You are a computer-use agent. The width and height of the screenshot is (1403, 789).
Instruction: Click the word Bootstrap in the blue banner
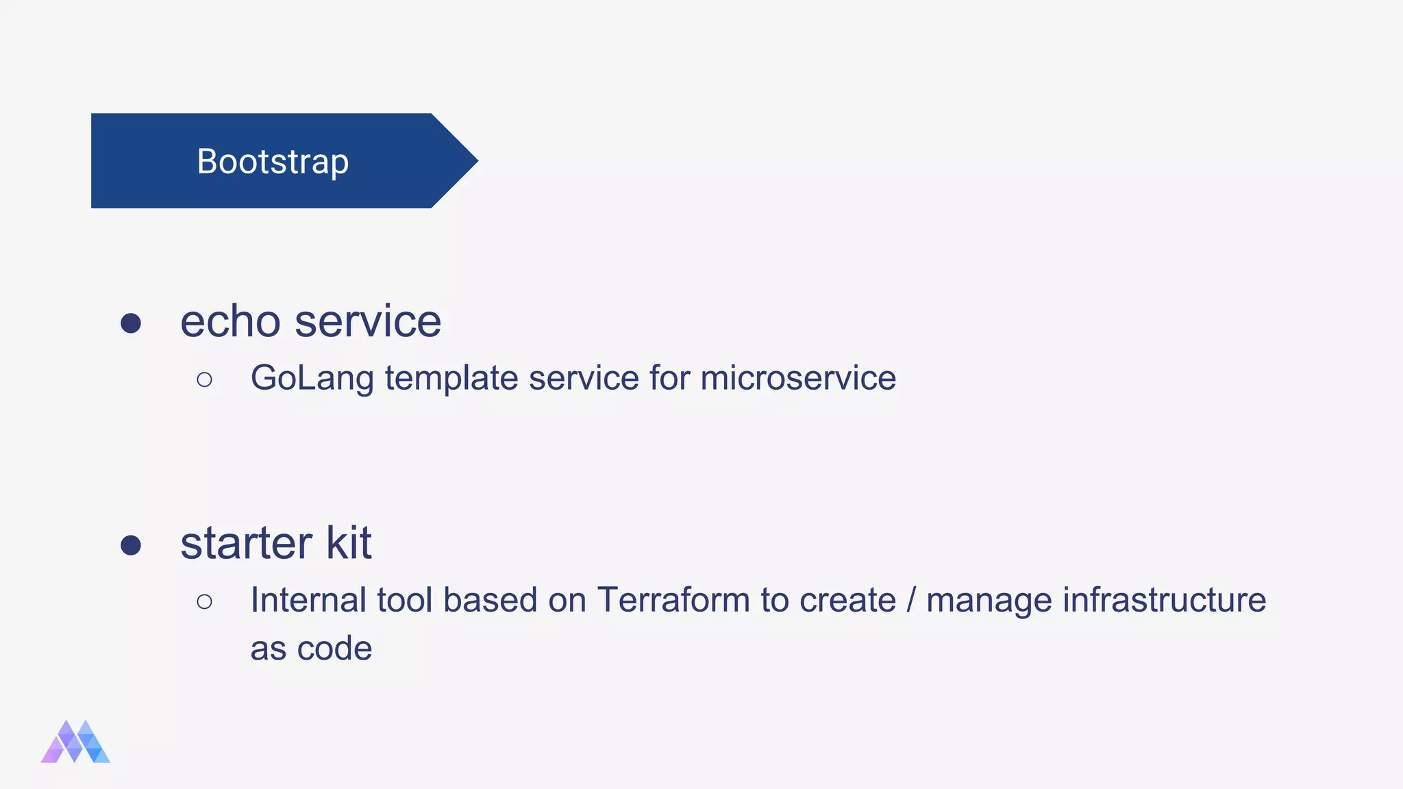(x=273, y=162)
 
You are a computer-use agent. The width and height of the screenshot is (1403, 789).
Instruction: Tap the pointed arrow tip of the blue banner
(x=473, y=162)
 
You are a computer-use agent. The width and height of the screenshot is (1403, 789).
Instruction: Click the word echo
(x=230, y=321)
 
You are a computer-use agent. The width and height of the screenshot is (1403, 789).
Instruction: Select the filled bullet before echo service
(x=131, y=323)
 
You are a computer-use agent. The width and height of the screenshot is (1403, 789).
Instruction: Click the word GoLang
(x=312, y=378)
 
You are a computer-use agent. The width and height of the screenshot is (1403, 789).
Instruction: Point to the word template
(x=451, y=378)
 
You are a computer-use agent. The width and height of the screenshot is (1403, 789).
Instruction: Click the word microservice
(x=798, y=378)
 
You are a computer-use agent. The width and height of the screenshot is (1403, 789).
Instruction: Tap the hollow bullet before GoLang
(x=204, y=379)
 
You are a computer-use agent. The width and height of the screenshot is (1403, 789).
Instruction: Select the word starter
(x=246, y=543)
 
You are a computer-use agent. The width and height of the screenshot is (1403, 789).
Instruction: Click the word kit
(x=349, y=543)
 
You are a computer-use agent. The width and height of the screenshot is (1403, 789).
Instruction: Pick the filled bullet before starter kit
(x=131, y=545)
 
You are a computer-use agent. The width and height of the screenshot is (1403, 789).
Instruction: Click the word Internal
(x=308, y=600)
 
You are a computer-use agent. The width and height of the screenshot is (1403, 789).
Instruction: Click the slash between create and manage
(x=910, y=600)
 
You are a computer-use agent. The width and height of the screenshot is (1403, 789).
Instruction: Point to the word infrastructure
(x=1164, y=600)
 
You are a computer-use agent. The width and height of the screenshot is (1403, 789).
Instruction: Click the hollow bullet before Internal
(x=204, y=601)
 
